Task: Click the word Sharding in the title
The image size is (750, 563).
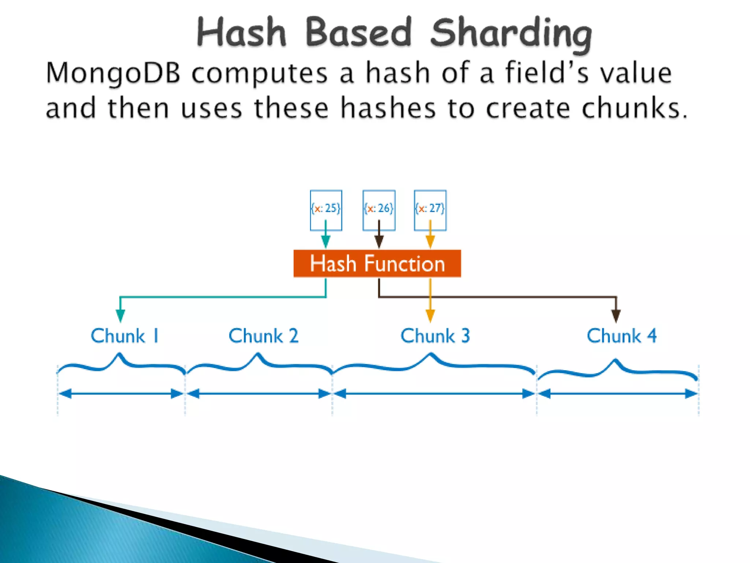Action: (511, 34)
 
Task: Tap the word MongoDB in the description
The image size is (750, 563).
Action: (113, 73)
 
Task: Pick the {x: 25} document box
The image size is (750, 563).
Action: (326, 210)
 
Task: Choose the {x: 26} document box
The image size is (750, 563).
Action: (379, 210)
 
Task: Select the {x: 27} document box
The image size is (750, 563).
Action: (430, 210)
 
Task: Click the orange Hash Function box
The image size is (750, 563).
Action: (377, 264)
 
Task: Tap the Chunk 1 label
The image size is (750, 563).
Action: (125, 336)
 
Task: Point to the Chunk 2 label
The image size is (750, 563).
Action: (263, 336)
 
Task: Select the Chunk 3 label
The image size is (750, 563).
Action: (435, 336)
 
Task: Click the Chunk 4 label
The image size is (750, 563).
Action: (621, 336)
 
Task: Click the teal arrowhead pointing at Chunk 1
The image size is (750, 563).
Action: (120, 315)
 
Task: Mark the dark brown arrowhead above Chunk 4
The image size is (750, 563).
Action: (616, 316)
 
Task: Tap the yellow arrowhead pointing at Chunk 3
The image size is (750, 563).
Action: (430, 315)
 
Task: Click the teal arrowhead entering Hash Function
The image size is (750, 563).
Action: (326, 242)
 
